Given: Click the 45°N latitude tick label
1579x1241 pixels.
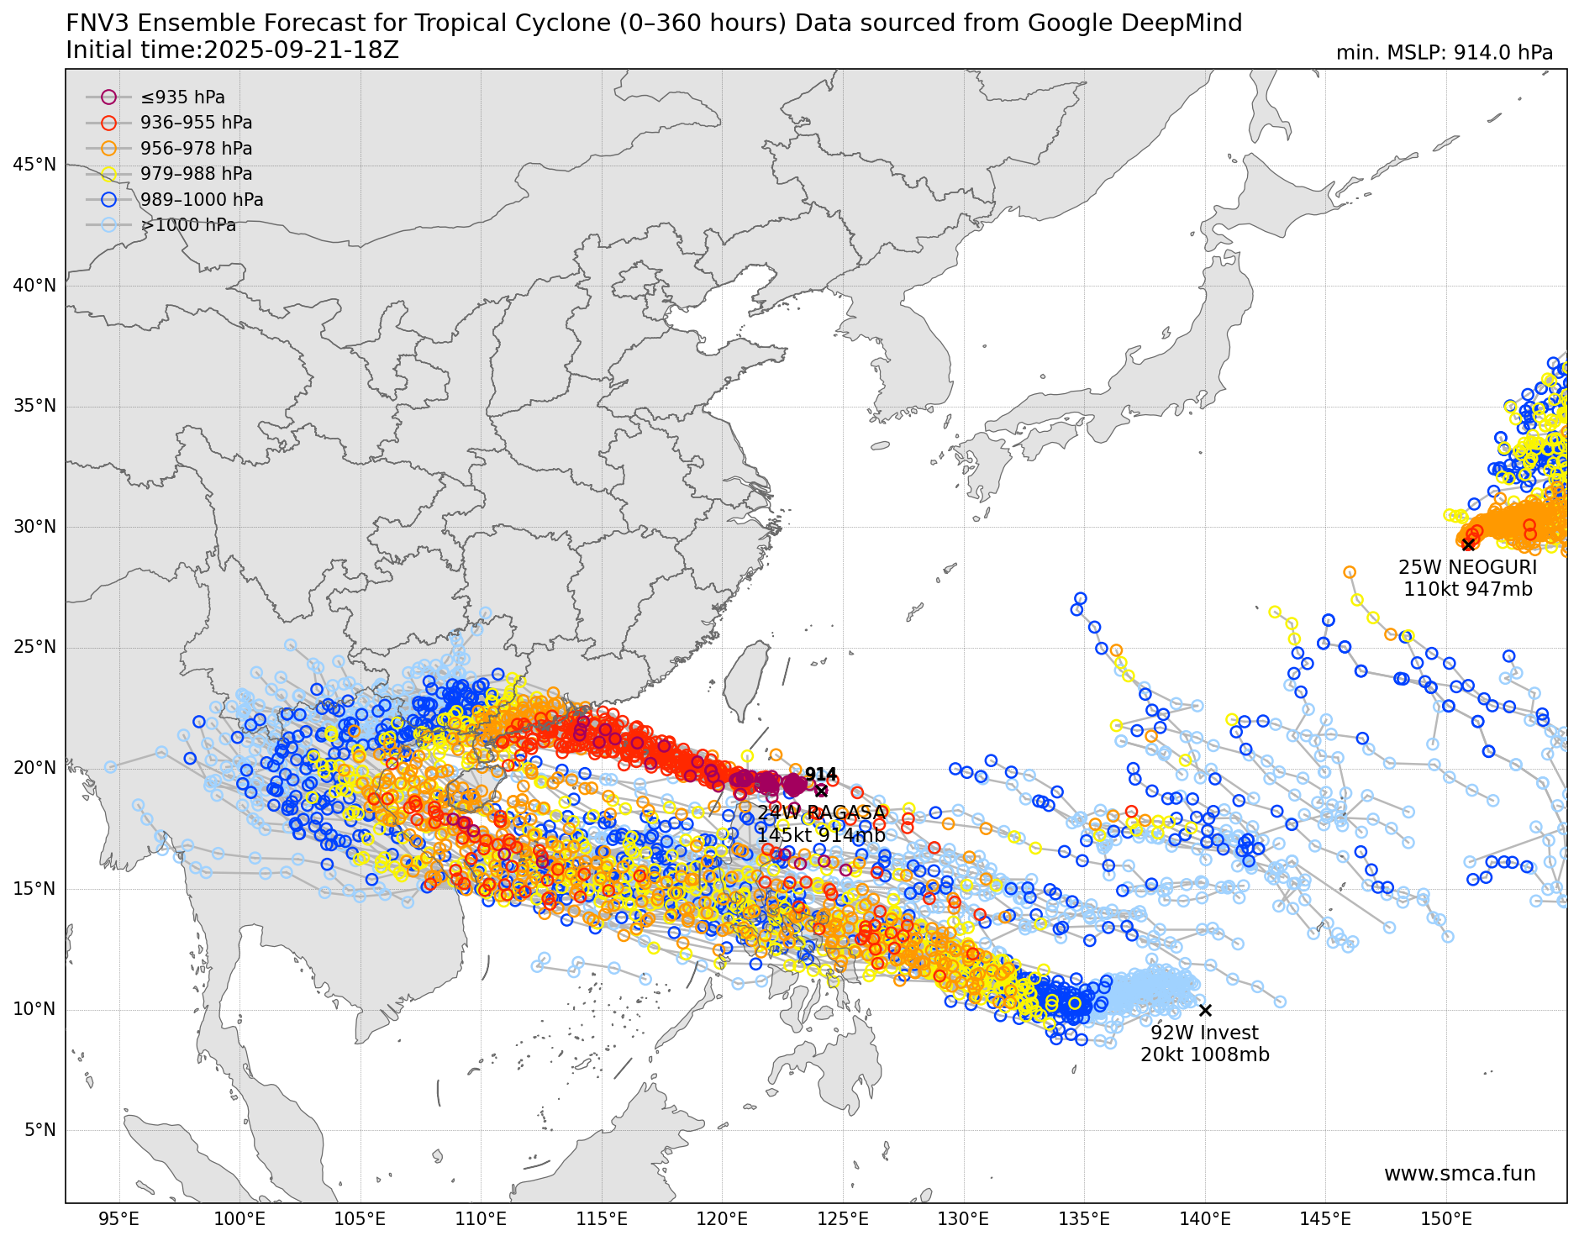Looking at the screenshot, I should click(x=34, y=165).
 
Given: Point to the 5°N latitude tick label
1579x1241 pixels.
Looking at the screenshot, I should click(x=39, y=1130).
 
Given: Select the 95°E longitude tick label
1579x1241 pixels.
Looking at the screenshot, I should click(x=118, y=1219).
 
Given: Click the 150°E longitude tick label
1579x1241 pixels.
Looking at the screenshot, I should click(x=1446, y=1219).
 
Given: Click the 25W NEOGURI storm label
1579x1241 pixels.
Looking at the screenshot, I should click(x=1467, y=567).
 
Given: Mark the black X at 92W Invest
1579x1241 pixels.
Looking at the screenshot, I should click(x=1205, y=1010).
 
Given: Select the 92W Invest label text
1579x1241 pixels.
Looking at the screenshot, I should click(x=1204, y=1033).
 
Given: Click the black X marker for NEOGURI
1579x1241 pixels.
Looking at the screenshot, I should click(x=1468, y=544).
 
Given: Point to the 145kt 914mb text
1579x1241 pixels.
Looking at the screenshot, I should click(x=820, y=835).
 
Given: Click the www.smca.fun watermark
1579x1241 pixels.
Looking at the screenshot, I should click(x=1459, y=1174).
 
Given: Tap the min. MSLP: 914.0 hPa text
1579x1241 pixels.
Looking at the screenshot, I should click(x=1444, y=53).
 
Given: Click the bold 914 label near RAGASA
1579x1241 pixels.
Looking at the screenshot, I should click(x=820, y=774).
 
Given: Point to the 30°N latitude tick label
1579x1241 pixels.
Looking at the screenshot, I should click(x=34, y=527).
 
